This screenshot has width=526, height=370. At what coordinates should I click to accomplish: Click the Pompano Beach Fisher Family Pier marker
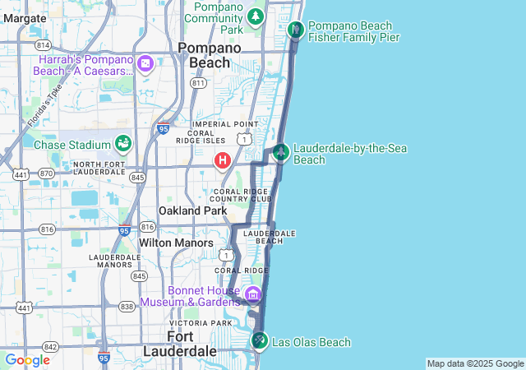click(296, 30)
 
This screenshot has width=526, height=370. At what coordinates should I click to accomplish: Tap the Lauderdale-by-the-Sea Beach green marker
click(281, 152)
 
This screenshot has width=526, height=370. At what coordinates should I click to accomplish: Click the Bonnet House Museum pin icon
click(252, 294)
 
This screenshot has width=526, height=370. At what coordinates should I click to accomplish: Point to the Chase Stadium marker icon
click(123, 144)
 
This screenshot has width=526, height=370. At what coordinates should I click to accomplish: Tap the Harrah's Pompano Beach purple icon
click(145, 63)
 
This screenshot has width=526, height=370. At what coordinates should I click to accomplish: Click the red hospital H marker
click(222, 160)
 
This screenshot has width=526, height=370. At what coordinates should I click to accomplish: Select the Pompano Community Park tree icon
click(256, 16)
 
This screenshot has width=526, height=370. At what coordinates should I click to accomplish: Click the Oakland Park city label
click(192, 211)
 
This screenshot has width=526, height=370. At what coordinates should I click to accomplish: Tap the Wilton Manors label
click(176, 243)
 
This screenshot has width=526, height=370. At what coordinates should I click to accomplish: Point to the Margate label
click(25, 17)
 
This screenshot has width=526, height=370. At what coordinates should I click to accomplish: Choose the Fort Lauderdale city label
click(179, 345)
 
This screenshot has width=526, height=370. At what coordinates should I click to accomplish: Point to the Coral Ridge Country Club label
click(240, 195)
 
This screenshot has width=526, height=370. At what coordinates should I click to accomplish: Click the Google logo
click(27, 360)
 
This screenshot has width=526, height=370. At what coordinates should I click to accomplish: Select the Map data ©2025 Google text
click(474, 363)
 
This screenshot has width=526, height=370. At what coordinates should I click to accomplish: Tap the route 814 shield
click(43, 44)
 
